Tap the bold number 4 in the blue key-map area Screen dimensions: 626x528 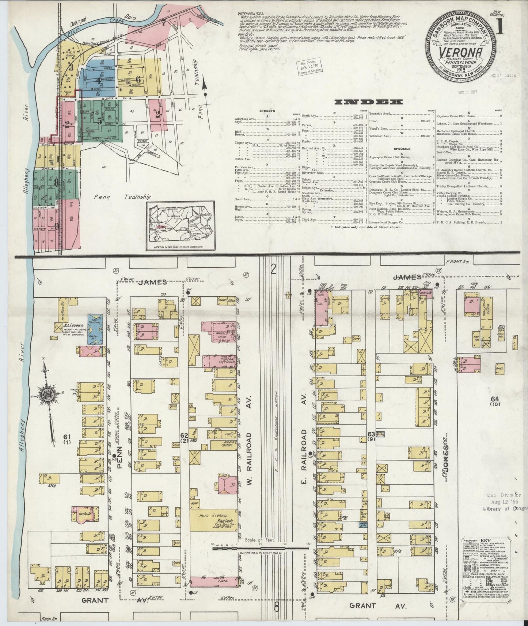pyautogui.click(x=97, y=81)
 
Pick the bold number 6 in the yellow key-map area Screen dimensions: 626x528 pyautogui.click(x=138, y=79)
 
